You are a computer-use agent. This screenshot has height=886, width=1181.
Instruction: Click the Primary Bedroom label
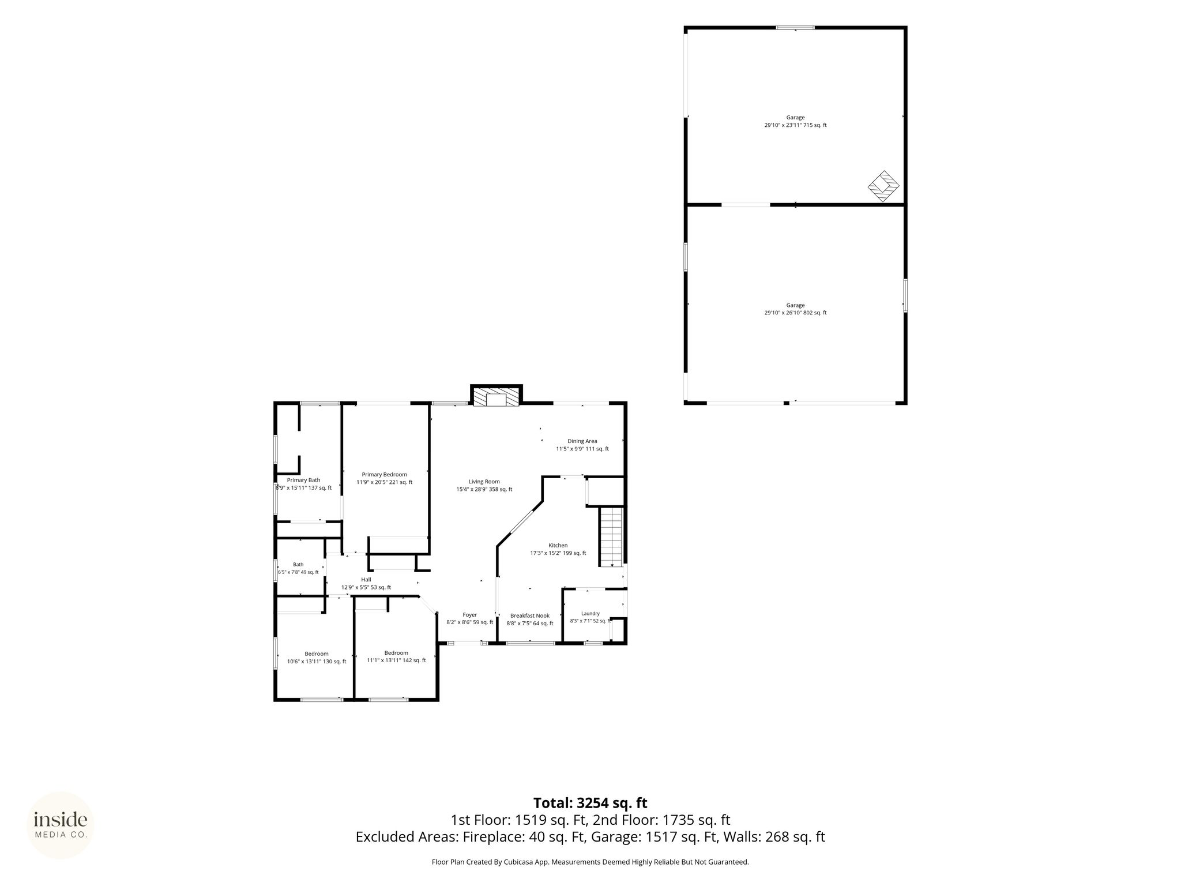[384, 475]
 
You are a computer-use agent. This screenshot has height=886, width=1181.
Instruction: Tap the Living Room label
[484, 482]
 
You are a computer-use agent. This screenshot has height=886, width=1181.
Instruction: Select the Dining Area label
[582, 441]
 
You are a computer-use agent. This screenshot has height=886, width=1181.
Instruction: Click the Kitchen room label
[558, 545]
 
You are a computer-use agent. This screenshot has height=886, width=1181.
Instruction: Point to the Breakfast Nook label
[529, 615]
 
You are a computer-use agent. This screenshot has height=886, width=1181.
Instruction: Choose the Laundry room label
[590, 614]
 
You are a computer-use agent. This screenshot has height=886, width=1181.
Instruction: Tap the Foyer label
[470, 615]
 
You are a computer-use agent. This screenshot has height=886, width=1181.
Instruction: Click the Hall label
[366, 580]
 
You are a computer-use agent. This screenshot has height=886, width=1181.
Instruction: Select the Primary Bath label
[303, 480]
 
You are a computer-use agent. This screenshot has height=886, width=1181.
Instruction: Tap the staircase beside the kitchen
[611, 537]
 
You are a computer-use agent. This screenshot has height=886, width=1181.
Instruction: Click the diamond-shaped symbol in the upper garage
[883, 186]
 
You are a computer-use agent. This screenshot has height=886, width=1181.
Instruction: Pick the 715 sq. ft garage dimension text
[795, 125]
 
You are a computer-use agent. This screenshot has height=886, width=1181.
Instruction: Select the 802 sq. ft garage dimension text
[795, 313]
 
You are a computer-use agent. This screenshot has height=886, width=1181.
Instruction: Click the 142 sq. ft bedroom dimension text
[396, 660]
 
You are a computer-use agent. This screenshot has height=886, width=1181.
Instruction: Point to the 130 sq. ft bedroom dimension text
[317, 662]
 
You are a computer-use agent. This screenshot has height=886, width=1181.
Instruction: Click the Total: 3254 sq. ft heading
[590, 803]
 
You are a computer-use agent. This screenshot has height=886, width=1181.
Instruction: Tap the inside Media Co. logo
[61, 825]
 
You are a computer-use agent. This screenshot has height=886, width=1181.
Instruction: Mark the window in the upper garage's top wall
[795, 27]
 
